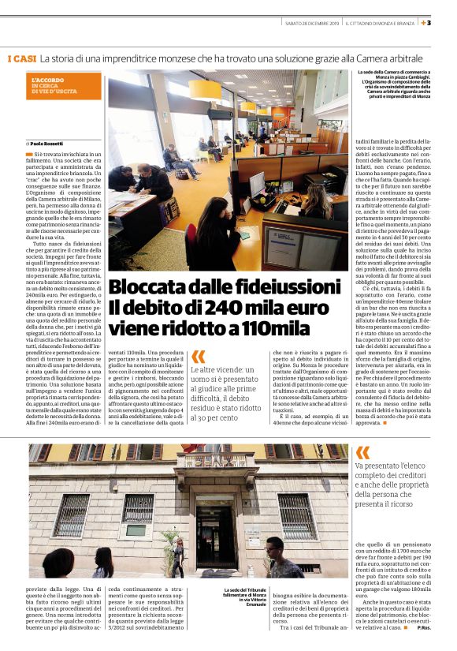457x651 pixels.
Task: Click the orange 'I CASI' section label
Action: pyautogui.click(x=21, y=59)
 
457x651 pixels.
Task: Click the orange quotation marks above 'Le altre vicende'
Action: pyautogui.click(x=198, y=357)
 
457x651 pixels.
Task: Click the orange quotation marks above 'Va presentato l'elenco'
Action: pyautogui.click(x=362, y=452)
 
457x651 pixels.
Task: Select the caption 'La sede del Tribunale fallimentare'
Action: pyautogui.click(x=245, y=597)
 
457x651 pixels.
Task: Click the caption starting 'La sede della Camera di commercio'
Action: pyautogui.click(x=389, y=88)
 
